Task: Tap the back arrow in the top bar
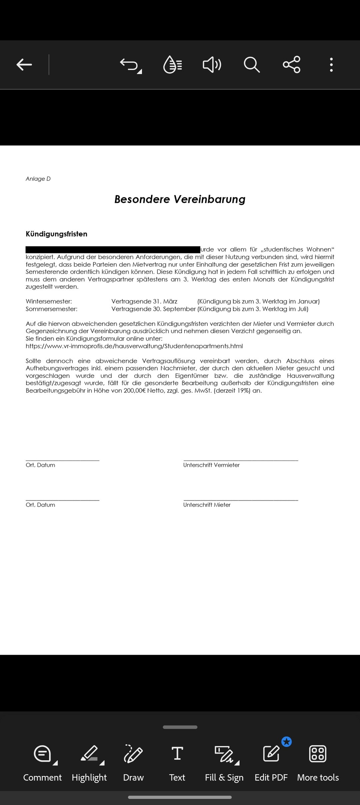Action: [x=24, y=65]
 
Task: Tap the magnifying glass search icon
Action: [x=251, y=65]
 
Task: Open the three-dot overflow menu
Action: [x=331, y=65]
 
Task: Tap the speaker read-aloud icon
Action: [x=212, y=65]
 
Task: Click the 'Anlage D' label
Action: [x=38, y=179]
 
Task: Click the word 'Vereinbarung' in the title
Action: [x=210, y=199]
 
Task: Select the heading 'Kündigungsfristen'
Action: [x=56, y=234]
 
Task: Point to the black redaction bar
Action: [x=113, y=249]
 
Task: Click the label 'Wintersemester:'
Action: [x=49, y=301]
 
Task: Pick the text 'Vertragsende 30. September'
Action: [x=153, y=309]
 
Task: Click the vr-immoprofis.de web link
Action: [x=134, y=346]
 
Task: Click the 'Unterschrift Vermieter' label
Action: [x=211, y=465]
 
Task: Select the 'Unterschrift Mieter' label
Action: [x=207, y=505]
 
